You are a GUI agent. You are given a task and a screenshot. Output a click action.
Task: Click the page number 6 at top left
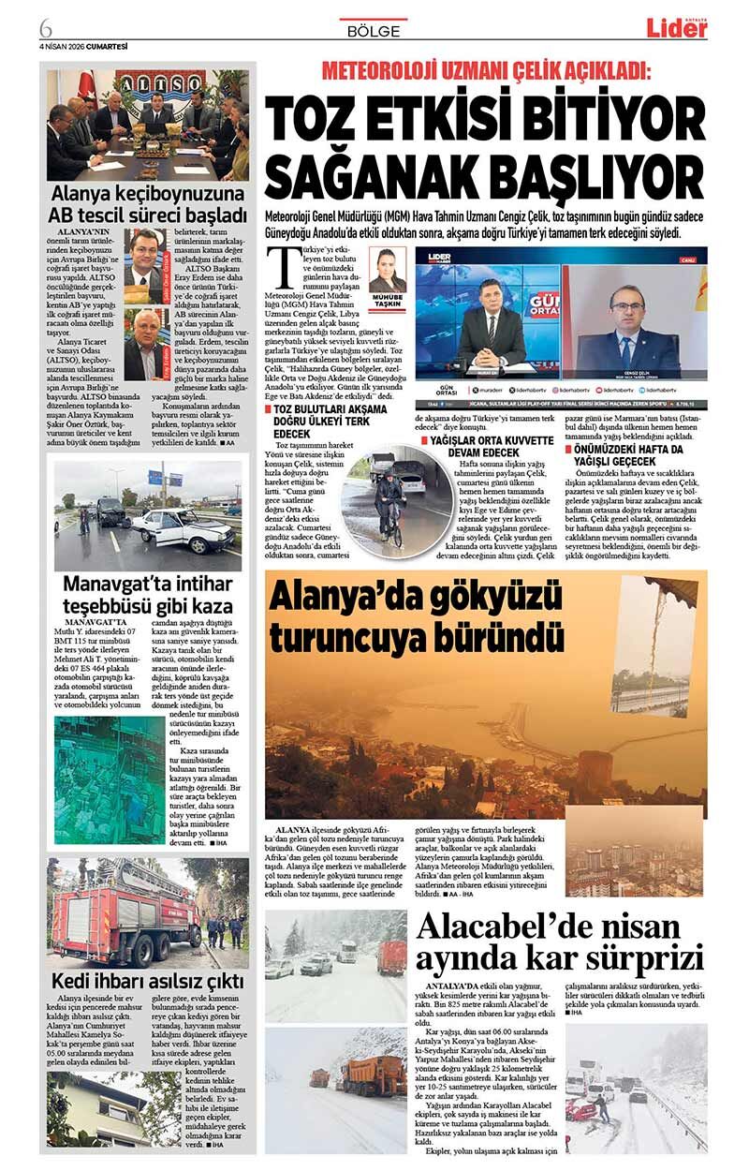(x=45, y=27)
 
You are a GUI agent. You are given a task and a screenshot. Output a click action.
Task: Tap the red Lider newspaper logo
(x=676, y=28)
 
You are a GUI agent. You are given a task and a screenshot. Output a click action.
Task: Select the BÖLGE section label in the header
(x=374, y=31)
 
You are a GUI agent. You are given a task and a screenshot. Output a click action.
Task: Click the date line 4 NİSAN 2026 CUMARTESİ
(x=82, y=46)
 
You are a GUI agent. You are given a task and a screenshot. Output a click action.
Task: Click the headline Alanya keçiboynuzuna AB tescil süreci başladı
(x=148, y=204)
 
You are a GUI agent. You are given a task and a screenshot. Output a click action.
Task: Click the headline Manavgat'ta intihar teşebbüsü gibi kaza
(x=148, y=595)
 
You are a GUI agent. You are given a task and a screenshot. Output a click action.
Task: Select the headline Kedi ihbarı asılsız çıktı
(x=148, y=980)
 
